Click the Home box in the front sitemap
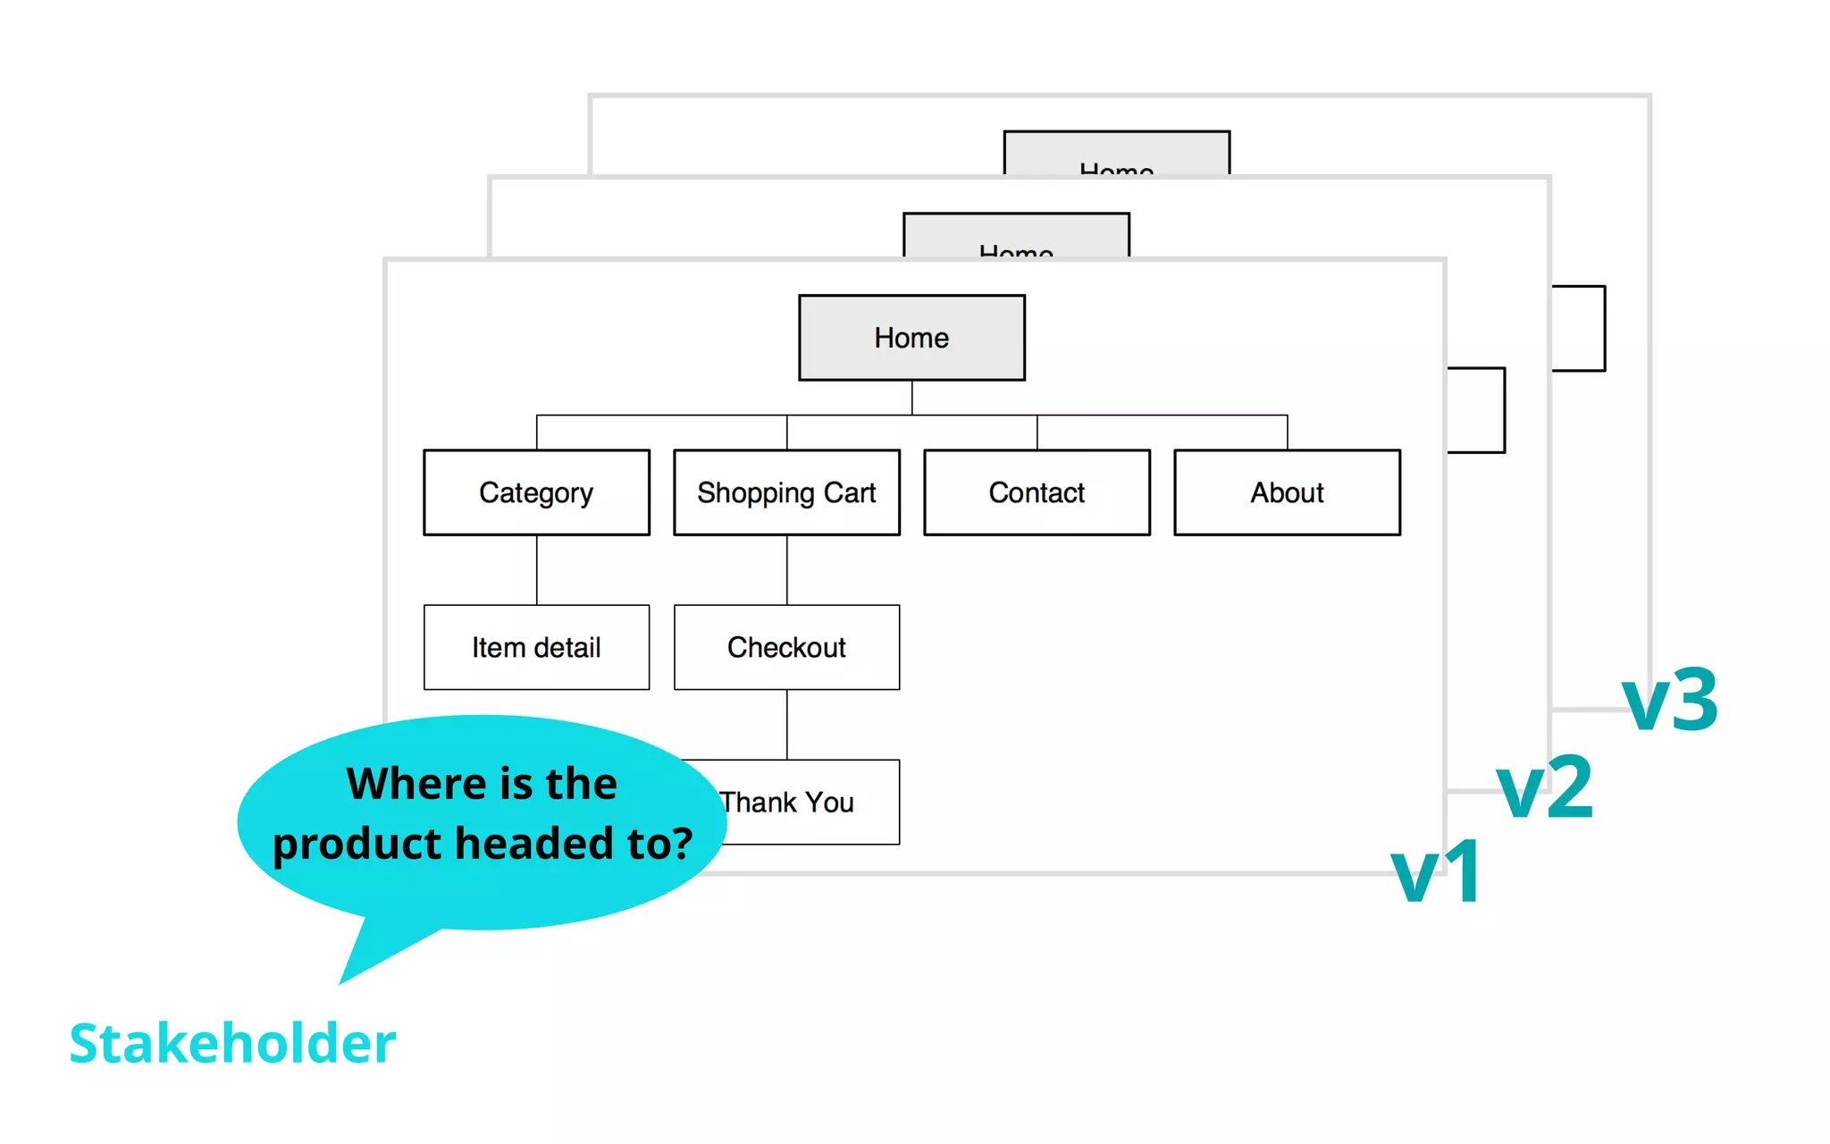[x=911, y=338]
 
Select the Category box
[x=536, y=492]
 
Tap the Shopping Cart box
[x=786, y=492]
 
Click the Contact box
[x=1037, y=492]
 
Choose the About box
[x=1287, y=492]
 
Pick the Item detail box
[x=536, y=647]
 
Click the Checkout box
[x=786, y=647]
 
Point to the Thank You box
[x=804, y=803]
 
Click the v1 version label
[x=1437, y=873]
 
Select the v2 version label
[x=1544, y=788]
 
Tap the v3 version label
[x=1669, y=701]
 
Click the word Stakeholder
[x=232, y=1043]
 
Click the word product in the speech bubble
[x=357, y=845]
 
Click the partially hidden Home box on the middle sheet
[x=1016, y=237]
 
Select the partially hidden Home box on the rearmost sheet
[x=1116, y=154]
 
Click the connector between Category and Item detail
[x=537, y=569]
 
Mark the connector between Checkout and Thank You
[x=787, y=724]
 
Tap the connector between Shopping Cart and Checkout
[x=787, y=569]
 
